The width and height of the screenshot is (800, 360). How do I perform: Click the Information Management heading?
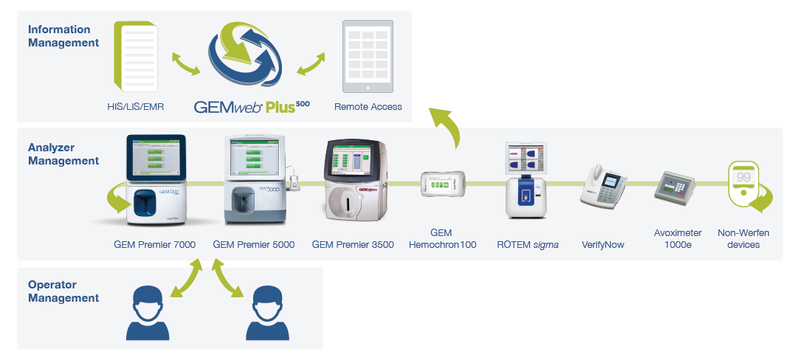point(63,36)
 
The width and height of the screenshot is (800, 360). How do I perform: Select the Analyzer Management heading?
point(63,153)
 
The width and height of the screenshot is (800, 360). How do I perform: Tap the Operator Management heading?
point(63,291)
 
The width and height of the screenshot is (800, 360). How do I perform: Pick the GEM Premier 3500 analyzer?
point(354,181)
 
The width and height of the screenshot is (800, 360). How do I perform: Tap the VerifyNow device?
point(603,184)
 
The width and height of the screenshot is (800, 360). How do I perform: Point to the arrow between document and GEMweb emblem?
point(185,63)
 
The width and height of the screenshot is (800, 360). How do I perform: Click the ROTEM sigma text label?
point(527,244)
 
